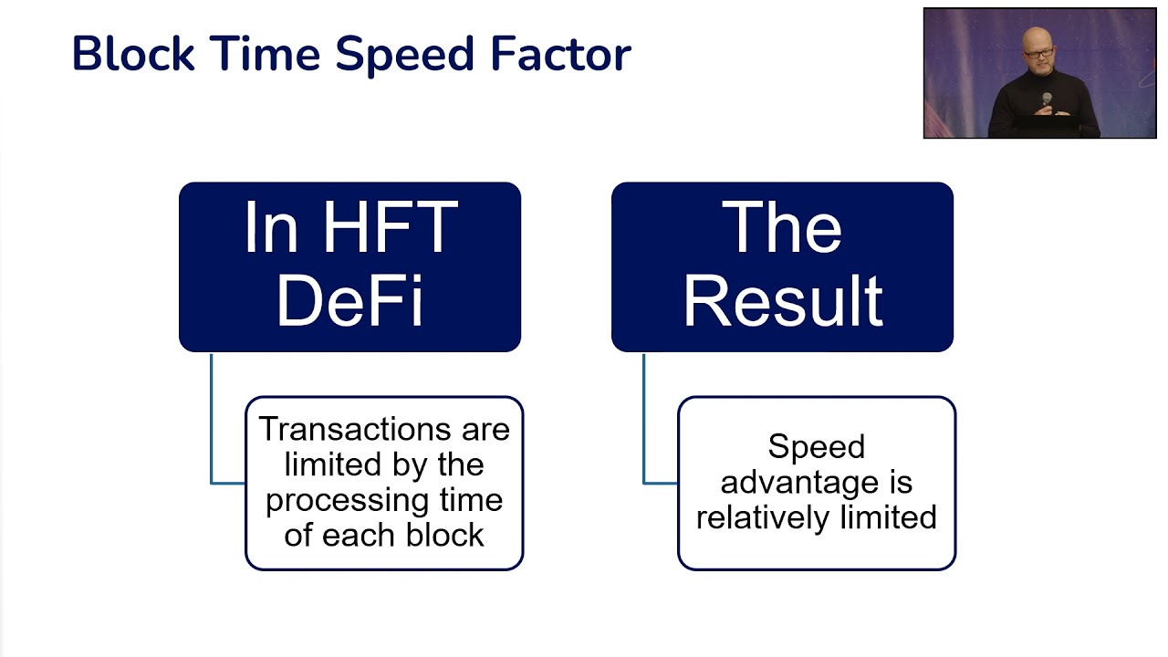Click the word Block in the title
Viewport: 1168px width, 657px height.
133,54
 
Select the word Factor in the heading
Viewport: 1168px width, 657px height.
560,54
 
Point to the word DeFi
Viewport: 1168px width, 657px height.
349,298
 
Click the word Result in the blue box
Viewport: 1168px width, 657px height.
783,298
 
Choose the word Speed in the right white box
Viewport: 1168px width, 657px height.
816,447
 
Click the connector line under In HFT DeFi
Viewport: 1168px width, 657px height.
212,420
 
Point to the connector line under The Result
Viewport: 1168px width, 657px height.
644,420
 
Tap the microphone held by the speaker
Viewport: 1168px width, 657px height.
1047,99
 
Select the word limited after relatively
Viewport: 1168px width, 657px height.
886,518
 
